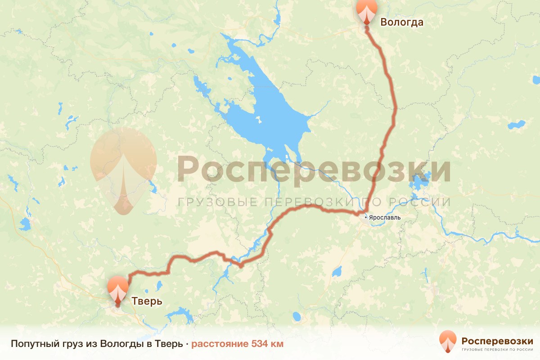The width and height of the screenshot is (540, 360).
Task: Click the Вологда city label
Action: click(402, 22)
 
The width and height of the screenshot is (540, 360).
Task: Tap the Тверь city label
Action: click(147, 301)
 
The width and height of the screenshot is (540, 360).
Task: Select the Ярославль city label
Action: click(385, 217)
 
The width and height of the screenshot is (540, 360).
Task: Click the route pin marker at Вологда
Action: click(366, 11)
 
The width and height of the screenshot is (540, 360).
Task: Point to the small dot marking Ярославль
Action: click(366, 217)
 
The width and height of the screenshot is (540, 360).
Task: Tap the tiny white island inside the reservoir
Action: click(258, 120)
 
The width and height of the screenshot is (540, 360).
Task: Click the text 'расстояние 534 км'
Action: click(237, 344)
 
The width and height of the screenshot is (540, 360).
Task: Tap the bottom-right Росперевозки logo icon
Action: click(448, 342)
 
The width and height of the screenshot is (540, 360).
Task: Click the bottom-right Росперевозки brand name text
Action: click(497, 340)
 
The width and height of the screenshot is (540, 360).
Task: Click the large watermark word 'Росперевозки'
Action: click(313, 169)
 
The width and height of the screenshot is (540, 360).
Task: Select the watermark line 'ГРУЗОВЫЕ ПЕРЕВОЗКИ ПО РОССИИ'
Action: click(313, 202)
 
